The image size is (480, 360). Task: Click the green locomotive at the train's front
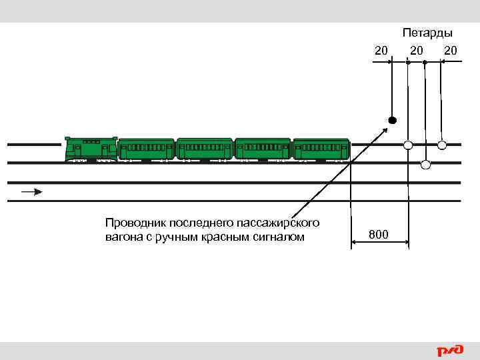click(x=91, y=149)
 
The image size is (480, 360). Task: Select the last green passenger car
click(x=321, y=149)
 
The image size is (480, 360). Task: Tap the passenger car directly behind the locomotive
click(x=147, y=149)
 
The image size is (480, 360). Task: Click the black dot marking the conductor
click(x=393, y=121)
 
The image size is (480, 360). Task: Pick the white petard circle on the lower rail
click(x=425, y=164)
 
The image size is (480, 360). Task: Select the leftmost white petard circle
click(x=408, y=145)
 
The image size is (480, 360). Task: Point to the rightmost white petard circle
click(x=442, y=145)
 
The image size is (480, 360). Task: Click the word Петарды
click(x=427, y=33)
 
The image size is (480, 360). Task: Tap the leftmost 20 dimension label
click(x=381, y=50)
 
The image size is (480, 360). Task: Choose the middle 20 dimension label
click(x=417, y=50)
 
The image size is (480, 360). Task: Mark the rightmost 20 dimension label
click(x=451, y=50)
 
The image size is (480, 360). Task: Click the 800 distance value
click(x=379, y=234)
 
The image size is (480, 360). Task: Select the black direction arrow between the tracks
click(x=32, y=192)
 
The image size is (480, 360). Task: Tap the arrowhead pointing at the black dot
click(x=387, y=128)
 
